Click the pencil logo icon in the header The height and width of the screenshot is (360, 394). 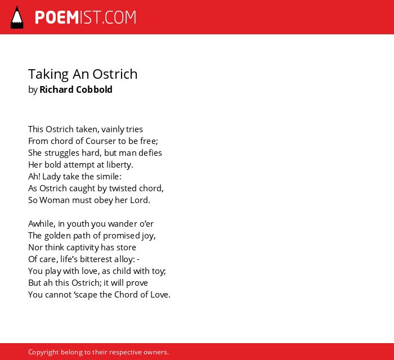[x=17, y=17]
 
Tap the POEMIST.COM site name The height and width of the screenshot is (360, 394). [x=86, y=17]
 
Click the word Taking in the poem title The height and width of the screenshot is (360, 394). [x=48, y=75]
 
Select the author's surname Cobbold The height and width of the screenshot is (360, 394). [x=94, y=89]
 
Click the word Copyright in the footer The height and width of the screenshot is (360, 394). [x=43, y=352]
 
